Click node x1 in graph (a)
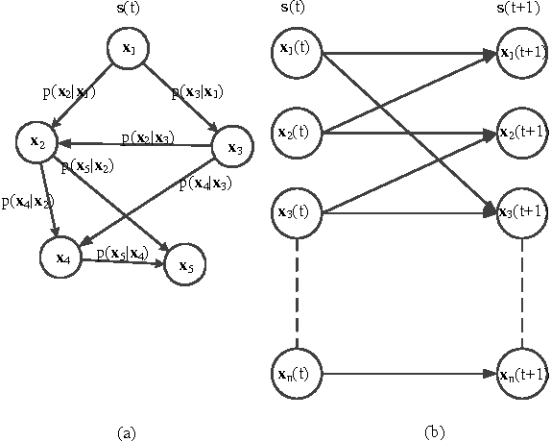(x=128, y=48)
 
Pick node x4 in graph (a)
(x=63, y=257)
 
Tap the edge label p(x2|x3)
(x=147, y=138)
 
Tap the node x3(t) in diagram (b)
(x=298, y=212)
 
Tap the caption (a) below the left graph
(x=126, y=433)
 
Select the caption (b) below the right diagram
(x=433, y=433)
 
